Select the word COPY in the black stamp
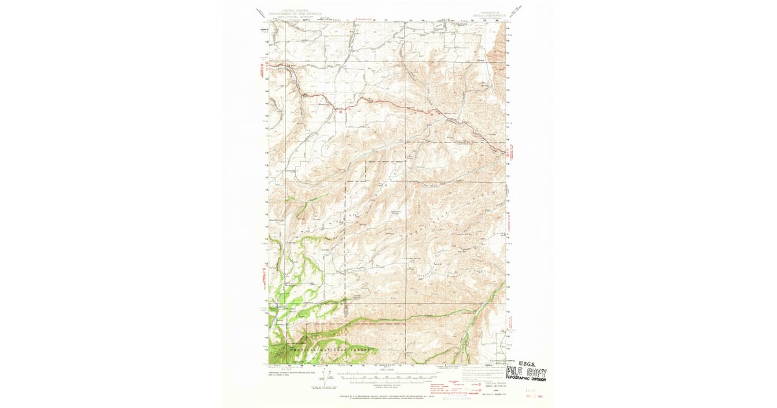(535, 373)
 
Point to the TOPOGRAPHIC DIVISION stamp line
(526, 380)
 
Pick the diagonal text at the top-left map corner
(260, 12)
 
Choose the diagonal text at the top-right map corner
(516, 12)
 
